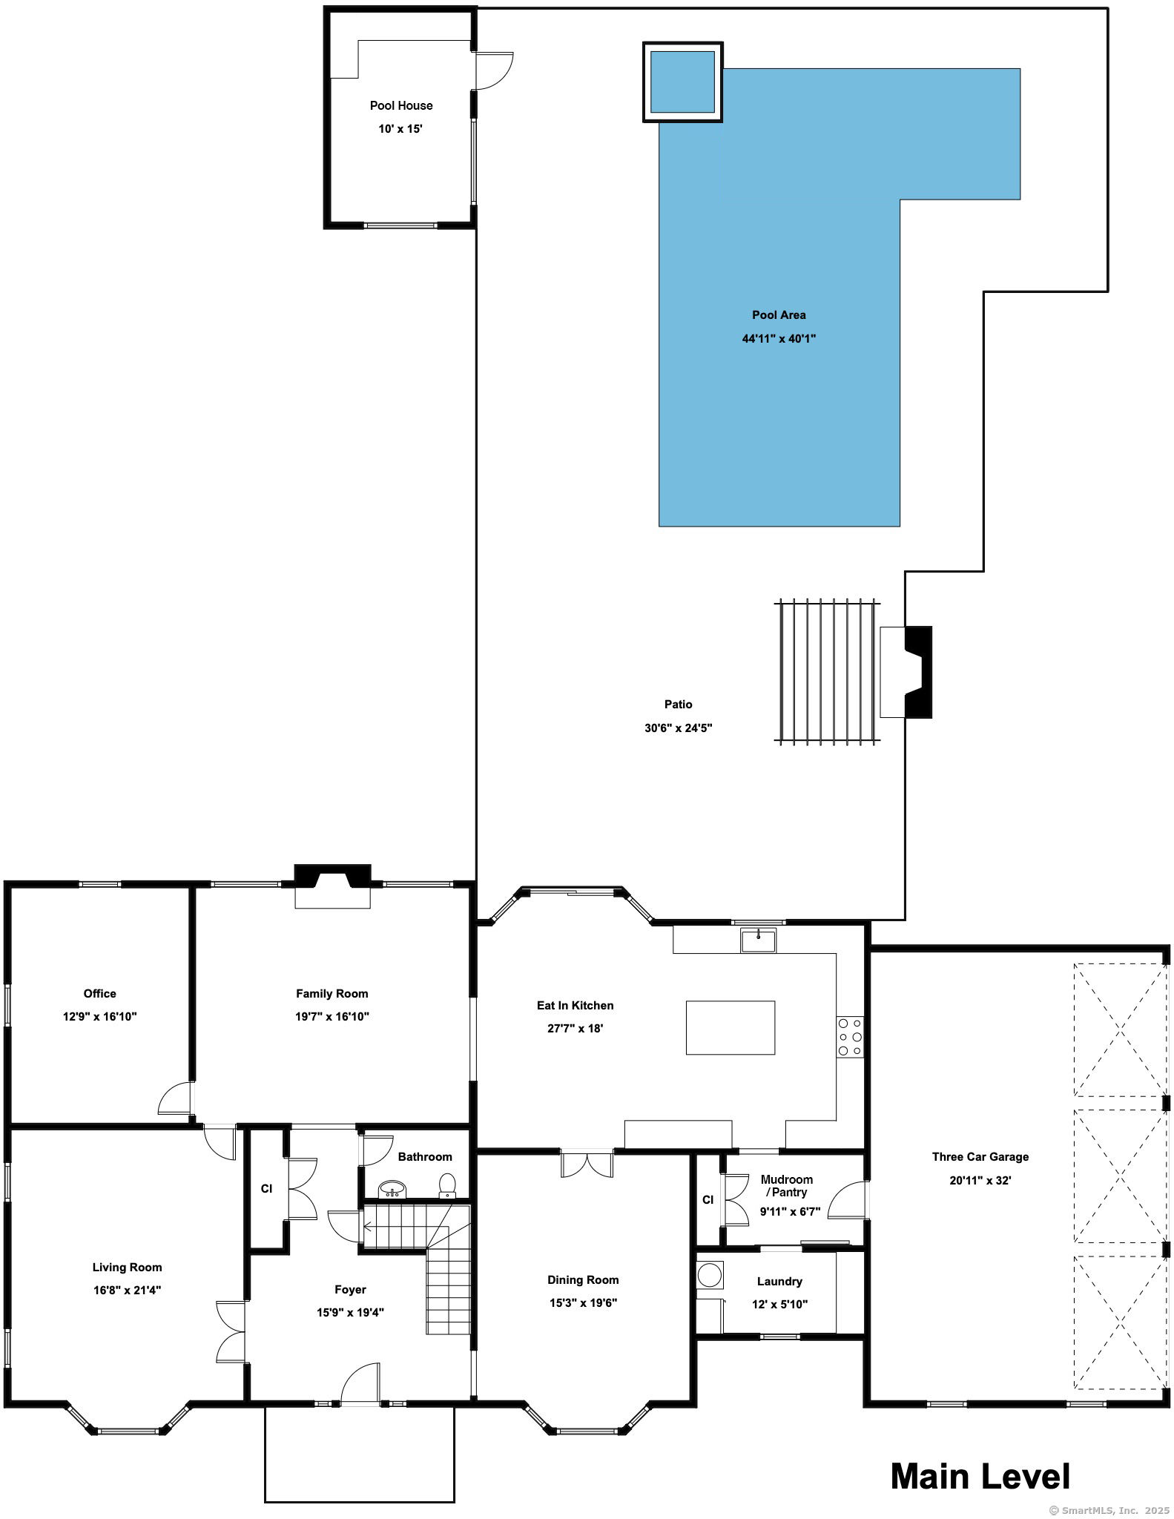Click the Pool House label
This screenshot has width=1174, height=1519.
[x=401, y=105]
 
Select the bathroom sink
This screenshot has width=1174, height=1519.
[x=392, y=1189]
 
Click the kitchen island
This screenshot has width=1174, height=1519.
[x=731, y=1027]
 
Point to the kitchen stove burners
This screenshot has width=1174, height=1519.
[x=850, y=1036]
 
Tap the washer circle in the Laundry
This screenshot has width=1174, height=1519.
[x=710, y=1276]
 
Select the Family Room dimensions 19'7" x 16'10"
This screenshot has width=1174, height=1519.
[x=332, y=1016]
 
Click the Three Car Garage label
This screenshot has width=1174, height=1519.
[x=980, y=1156]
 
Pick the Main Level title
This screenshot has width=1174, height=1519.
[x=980, y=1476]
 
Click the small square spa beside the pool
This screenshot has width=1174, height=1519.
[x=682, y=82]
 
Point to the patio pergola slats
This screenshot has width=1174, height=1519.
[x=827, y=671]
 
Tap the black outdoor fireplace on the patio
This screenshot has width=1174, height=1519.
[x=918, y=672]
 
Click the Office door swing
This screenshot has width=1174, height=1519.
[x=175, y=1098]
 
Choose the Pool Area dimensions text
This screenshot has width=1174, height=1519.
[x=779, y=338]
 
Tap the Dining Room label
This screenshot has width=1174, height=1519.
[x=583, y=1279]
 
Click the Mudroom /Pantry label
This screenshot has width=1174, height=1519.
[x=786, y=1185]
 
